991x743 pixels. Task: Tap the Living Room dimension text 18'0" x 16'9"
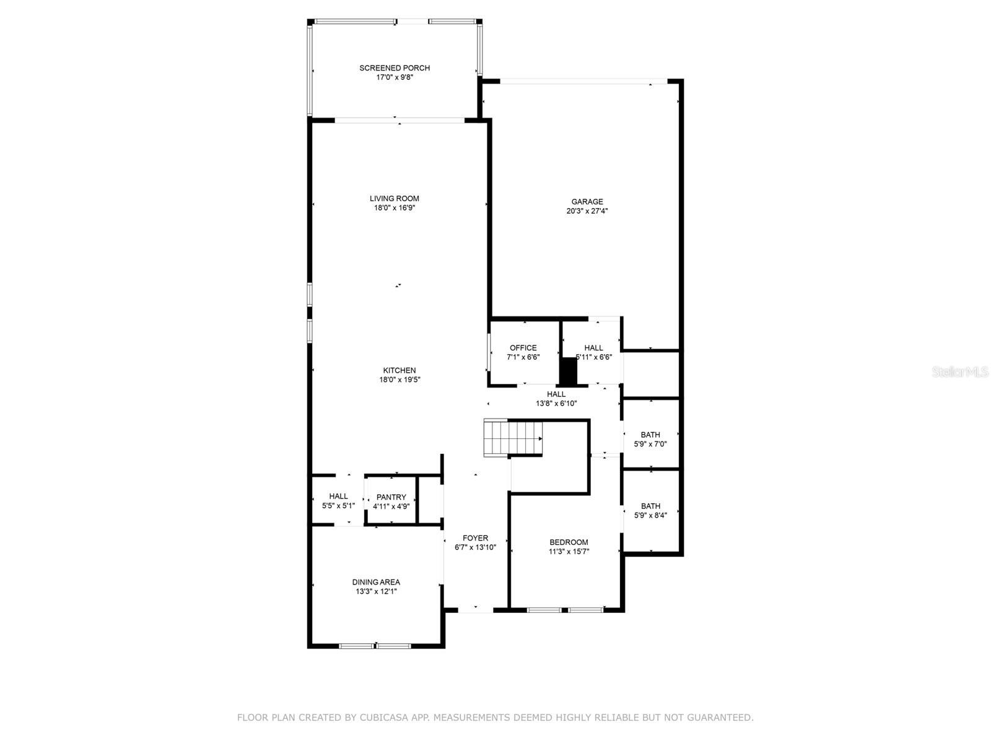(x=394, y=208)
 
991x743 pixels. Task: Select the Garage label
(x=587, y=202)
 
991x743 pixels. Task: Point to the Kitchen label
(x=399, y=370)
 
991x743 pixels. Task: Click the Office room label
(x=523, y=348)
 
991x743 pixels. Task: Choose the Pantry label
(x=391, y=497)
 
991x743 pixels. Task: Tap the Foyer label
(x=475, y=538)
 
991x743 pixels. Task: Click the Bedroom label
(x=569, y=542)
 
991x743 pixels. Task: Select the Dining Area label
(x=376, y=583)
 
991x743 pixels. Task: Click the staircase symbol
(x=513, y=438)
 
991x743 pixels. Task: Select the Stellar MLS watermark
(x=960, y=371)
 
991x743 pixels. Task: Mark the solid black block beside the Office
(x=569, y=371)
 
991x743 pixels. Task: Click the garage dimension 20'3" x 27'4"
(x=587, y=211)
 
